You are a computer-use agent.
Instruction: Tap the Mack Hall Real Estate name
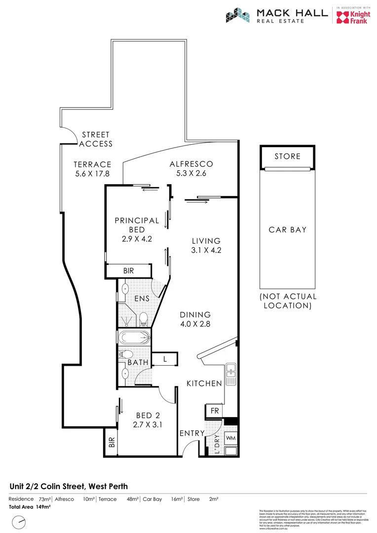click(x=292, y=15)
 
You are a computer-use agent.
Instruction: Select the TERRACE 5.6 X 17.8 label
click(x=92, y=169)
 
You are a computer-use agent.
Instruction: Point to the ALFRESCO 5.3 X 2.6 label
click(x=191, y=168)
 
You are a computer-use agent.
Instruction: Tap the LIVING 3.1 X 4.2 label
click(x=206, y=245)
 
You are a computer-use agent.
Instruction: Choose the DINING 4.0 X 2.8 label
click(x=195, y=319)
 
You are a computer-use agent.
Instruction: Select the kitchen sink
click(x=230, y=374)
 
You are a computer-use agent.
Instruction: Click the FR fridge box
click(x=215, y=411)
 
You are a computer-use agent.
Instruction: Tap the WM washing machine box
click(x=230, y=438)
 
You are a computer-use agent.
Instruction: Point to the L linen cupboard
click(x=165, y=360)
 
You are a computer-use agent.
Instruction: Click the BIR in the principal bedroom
click(x=128, y=271)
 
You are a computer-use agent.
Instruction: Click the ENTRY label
click(x=192, y=433)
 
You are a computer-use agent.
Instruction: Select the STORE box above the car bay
click(x=287, y=156)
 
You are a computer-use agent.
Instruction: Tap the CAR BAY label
click(x=287, y=229)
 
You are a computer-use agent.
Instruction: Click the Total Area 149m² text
click(x=30, y=507)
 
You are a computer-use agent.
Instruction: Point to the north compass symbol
click(x=19, y=521)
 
